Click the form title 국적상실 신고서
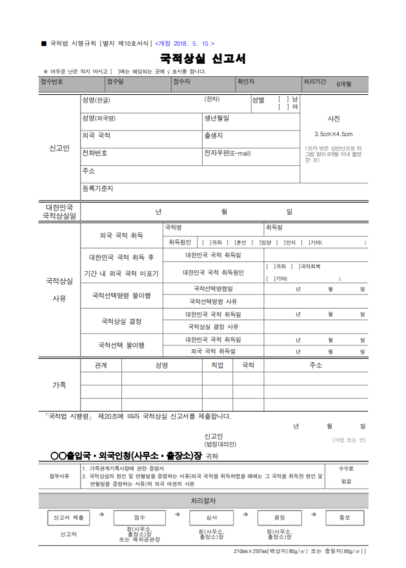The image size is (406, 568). click(203, 59)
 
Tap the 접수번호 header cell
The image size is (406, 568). click(52, 82)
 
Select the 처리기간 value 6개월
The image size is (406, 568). click(343, 85)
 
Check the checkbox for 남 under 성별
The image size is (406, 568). click(283, 99)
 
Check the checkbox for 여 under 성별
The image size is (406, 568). click(283, 107)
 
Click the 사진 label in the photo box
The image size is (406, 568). click(333, 119)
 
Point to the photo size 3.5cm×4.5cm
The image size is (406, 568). click(333, 134)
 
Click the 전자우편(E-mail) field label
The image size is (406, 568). click(227, 153)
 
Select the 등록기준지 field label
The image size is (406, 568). click(97, 188)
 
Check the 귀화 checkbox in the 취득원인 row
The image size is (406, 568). click(206, 243)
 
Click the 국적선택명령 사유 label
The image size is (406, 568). click(213, 301)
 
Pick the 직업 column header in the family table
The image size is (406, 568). click(217, 365)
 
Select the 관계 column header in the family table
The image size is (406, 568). click(101, 365)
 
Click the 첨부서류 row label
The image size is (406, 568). click(59, 476)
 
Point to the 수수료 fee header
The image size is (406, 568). click(346, 468)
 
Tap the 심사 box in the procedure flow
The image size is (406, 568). click(211, 518)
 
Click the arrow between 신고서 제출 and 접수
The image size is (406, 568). click(102, 514)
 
